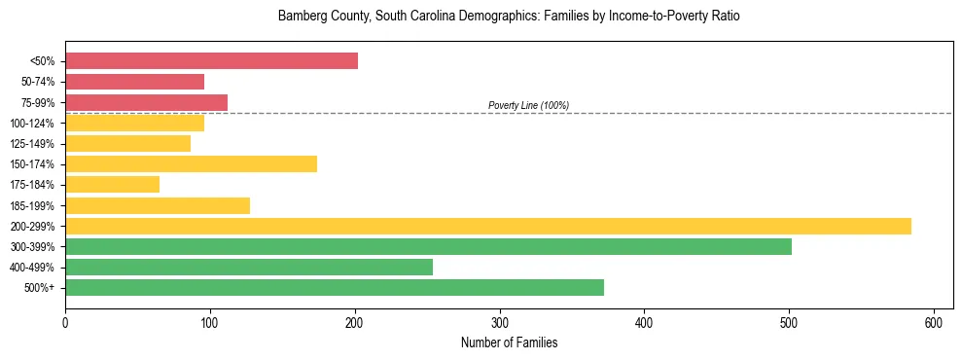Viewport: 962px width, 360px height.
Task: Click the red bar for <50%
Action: pyautogui.click(x=211, y=61)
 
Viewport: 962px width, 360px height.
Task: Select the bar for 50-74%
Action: pyautogui.click(x=134, y=82)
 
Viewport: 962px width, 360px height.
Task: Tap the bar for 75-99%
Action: pyautogui.click(x=146, y=102)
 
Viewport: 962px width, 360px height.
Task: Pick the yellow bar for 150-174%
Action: pyautogui.click(x=191, y=164)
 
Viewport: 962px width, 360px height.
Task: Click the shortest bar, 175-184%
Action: pyautogui.click(x=112, y=185)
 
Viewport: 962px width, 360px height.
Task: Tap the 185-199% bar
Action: pyautogui.click(x=158, y=205)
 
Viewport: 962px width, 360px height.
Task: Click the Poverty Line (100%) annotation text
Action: pyautogui.click(x=528, y=105)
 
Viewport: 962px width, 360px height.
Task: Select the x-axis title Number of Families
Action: pyautogui.click(x=509, y=342)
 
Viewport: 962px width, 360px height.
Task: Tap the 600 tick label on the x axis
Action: pyautogui.click(x=934, y=322)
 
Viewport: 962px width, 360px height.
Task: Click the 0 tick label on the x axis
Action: pyautogui.click(x=65, y=322)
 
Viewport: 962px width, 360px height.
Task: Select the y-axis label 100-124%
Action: pyautogui.click(x=32, y=124)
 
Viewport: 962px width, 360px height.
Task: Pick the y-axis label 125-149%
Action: pyautogui.click(x=32, y=144)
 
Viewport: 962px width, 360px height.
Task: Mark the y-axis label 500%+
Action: pyautogui.click(x=40, y=288)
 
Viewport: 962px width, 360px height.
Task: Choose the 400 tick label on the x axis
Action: pyautogui.click(x=644, y=322)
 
